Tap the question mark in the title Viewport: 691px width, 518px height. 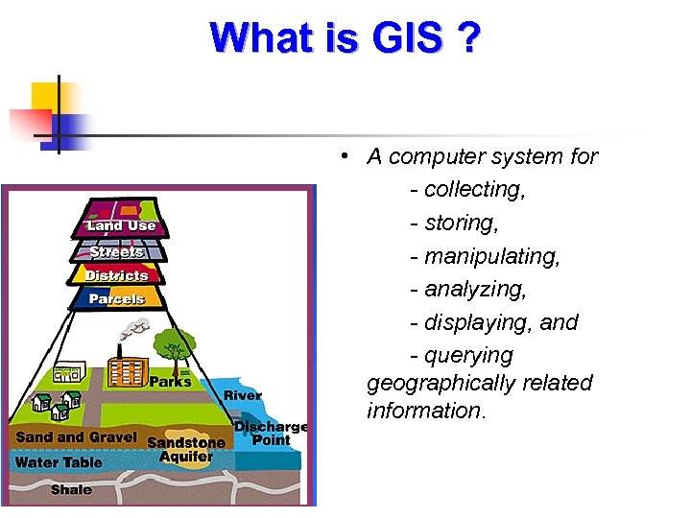(469, 38)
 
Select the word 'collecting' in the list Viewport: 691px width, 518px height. (474, 190)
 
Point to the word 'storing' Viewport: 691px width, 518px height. (465, 223)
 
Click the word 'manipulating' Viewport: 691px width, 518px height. (491, 256)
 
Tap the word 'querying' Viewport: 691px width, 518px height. (468, 356)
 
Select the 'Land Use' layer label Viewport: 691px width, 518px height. (121, 225)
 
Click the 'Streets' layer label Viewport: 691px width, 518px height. (117, 251)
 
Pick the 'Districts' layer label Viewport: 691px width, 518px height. (117, 275)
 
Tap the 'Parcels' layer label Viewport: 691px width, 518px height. (117, 298)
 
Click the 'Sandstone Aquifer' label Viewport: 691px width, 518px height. (186, 449)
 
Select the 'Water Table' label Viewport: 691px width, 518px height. (59, 462)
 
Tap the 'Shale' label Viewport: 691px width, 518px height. (72, 489)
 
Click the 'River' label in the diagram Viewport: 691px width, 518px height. (243, 395)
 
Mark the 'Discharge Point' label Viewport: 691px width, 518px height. (271, 434)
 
